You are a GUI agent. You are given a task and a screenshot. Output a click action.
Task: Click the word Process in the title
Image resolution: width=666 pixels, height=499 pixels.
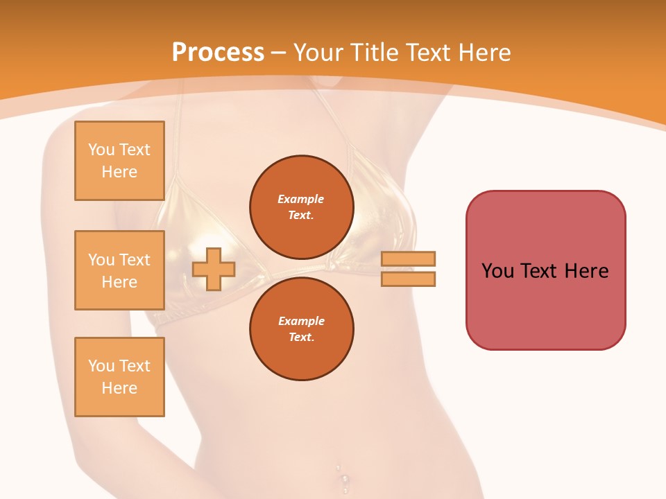point(218,53)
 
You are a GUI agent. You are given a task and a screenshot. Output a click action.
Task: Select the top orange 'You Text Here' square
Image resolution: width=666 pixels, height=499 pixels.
point(119,161)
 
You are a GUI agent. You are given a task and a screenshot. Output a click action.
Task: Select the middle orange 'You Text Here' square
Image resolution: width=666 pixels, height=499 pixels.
point(119,270)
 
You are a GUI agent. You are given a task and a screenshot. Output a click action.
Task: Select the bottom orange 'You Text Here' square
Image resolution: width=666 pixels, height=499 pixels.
point(119,377)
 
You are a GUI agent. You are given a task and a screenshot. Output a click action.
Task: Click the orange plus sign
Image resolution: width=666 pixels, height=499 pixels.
point(214,269)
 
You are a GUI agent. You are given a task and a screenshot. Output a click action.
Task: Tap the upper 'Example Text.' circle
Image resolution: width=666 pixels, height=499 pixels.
point(301,207)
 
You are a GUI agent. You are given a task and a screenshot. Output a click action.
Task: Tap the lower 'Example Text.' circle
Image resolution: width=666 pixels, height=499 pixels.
point(301,329)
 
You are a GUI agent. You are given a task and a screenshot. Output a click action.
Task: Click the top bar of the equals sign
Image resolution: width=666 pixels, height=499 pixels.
point(408,259)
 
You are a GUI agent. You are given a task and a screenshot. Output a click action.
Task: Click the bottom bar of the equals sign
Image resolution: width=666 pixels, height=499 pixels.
point(408,279)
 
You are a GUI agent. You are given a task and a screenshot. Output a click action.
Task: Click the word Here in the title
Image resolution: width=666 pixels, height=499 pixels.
point(484,53)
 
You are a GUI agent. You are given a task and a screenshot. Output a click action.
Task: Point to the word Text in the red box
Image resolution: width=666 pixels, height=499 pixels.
point(539,271)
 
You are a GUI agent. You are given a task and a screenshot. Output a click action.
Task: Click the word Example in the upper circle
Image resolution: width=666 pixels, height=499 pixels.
point(301,199)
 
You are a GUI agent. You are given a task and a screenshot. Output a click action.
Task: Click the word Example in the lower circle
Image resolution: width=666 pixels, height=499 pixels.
point(301,321)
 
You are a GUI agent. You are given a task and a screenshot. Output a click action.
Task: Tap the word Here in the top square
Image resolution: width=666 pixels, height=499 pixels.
point(119,172)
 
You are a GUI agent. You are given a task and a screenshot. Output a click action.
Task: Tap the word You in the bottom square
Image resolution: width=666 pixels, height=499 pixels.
point(101,366)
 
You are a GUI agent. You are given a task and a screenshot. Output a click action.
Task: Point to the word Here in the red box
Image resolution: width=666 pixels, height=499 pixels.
point(586,271)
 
